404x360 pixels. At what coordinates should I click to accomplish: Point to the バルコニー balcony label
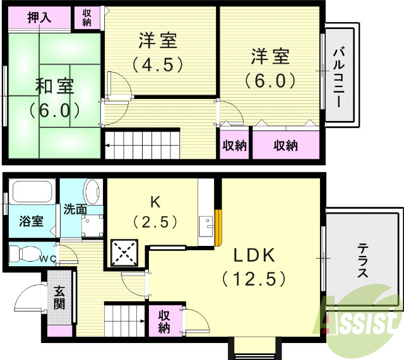(340, 78)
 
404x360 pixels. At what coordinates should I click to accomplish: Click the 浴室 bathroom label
(31, 221)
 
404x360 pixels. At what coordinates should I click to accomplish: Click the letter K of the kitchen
(153, 202)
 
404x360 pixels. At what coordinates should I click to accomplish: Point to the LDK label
(254, 256)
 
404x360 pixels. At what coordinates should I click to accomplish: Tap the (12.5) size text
(254, 278)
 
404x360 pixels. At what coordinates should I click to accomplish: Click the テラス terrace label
(362, 260)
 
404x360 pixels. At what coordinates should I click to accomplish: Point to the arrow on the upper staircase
(109, 146)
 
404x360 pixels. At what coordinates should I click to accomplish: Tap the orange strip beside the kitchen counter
(218, 226)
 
